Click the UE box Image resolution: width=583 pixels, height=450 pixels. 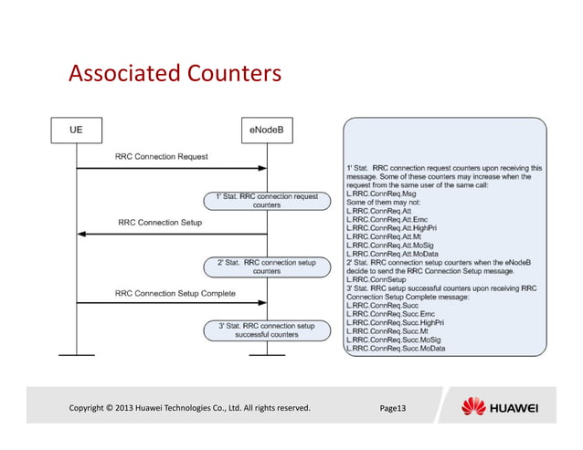(76, 131)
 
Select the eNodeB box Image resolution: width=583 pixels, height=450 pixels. (266, 131)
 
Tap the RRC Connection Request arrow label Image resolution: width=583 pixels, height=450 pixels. (161, 157)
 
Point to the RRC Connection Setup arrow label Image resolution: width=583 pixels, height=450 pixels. (160, 222)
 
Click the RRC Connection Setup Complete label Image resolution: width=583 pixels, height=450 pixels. (175, 293)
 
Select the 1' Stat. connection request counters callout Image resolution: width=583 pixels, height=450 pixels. (266, 201)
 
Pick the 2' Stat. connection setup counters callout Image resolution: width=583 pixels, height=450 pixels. (266, 267)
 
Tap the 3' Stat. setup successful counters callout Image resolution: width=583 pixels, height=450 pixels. (266, 330)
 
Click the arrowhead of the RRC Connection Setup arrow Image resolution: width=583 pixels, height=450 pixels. (81, 234)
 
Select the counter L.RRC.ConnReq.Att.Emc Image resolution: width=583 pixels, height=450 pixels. (387, 220)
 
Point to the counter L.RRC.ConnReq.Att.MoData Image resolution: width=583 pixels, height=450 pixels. (391, 255)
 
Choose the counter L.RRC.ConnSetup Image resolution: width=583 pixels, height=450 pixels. (375, 280)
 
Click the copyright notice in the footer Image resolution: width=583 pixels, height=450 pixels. (190, 407)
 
